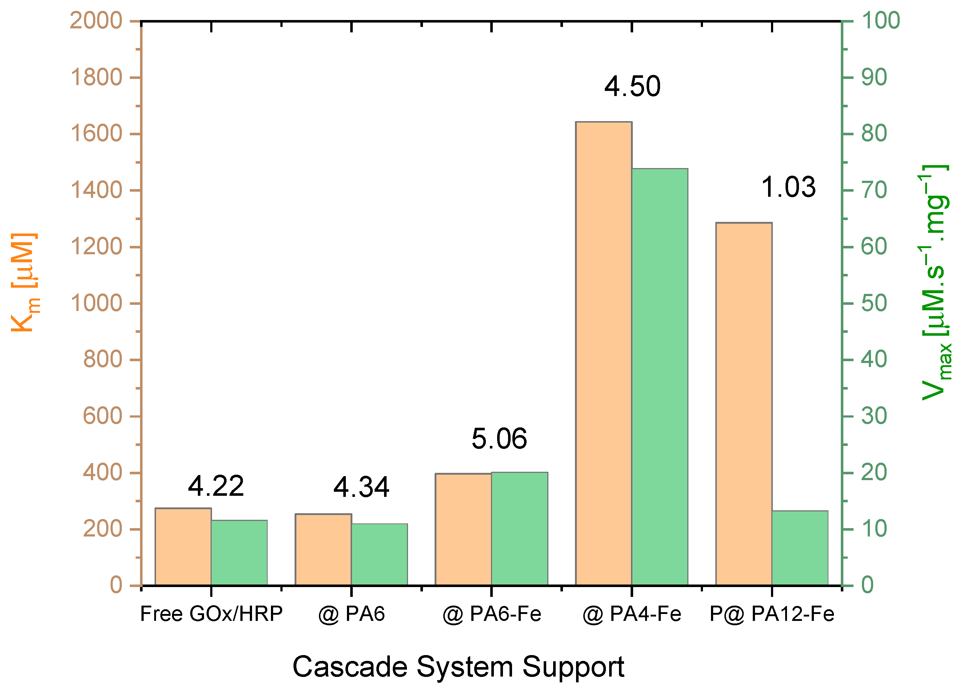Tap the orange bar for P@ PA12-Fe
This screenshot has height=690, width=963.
(743, 404)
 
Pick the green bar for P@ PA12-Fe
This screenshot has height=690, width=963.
(799, 548)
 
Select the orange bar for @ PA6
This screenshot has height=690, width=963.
(323, 550)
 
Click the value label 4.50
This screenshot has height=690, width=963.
(632, 87)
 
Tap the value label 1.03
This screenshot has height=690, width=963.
(788, 187)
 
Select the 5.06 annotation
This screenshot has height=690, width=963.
(499, 439)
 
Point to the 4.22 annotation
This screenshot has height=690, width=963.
(216, 486)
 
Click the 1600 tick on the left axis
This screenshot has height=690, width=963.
(96, 134)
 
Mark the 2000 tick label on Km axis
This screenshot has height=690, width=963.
(96, 20)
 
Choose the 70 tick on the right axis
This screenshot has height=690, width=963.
(874, 190)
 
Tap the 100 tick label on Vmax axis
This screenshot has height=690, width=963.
(880, 20)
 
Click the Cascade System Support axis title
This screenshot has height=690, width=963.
(458, 667)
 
